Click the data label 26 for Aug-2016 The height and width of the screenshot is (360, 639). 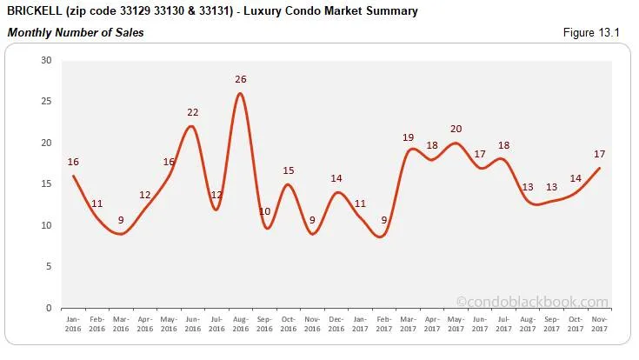(x=241, y=79)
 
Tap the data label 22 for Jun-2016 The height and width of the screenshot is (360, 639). (x=193, y=112)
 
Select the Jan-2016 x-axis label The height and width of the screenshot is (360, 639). (x=73, y=323)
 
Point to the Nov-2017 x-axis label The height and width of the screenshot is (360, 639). (x=599, y=323)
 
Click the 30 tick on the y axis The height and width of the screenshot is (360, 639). (x=46, y=60)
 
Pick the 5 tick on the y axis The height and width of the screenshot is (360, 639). (x=49, y=267)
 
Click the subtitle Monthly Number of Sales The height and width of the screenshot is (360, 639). (x=76, y=33)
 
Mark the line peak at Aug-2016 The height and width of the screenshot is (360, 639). (x=241, y=94)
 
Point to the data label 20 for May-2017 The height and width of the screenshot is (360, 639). (x=456, y=129)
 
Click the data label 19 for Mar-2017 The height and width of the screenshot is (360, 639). (x=408, y=137)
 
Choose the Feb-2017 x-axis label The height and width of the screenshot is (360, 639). (x=383, y=323)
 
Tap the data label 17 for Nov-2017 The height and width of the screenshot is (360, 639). (x=599, y=154)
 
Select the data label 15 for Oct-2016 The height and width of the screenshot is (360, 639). (x=289, y=170)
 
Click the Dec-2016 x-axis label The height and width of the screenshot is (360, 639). (x=336, y=323)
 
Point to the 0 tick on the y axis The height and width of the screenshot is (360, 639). (x=49, y=308)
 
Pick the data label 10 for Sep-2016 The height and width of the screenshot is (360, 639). (x=265, y=211)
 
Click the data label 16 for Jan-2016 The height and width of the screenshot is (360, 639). (x=73, y=162)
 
